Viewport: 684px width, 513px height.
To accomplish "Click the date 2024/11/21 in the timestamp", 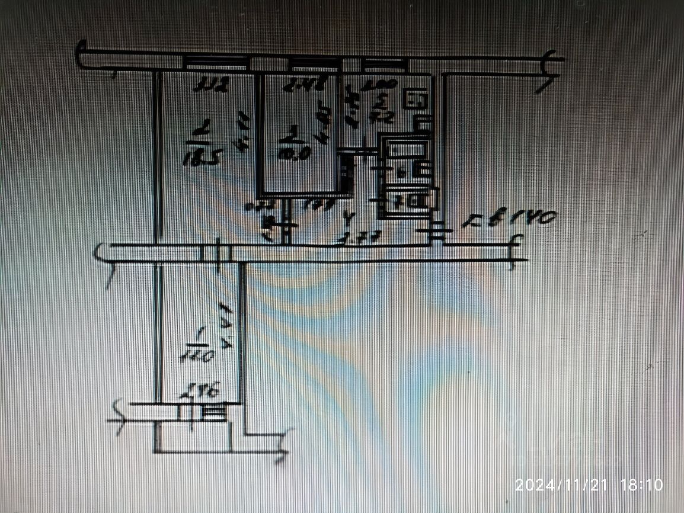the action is click(x=562, y=485).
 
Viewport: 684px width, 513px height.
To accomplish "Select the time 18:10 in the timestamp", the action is click(x=641, y=485).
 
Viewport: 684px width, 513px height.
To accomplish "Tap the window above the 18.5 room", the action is click(x=215, y=62).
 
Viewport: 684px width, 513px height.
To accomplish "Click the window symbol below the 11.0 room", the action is click(x=213, y=411).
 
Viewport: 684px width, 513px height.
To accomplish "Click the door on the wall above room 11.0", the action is click(x=216, y=254).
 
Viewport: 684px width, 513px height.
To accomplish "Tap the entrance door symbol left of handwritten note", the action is click(x=436, y=232).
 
